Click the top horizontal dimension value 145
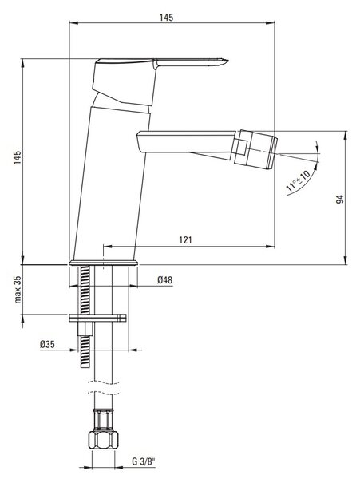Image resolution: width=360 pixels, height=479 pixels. tap(166, 18)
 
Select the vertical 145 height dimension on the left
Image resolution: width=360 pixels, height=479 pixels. tap(18, 157)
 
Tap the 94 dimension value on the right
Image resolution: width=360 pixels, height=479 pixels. tap(340, 200)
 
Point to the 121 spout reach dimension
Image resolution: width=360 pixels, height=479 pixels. tap(185, 239)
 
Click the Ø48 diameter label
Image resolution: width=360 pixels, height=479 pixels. tap(165, 280)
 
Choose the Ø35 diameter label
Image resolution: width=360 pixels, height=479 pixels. tap(47, 345)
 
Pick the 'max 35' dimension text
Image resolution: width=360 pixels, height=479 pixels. tap(18, 290)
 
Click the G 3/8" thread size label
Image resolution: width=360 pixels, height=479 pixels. tap(144, 461)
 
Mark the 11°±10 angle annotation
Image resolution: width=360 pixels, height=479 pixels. tap(298, 180)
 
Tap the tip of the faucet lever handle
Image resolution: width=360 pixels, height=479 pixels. tap(228, 61)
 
